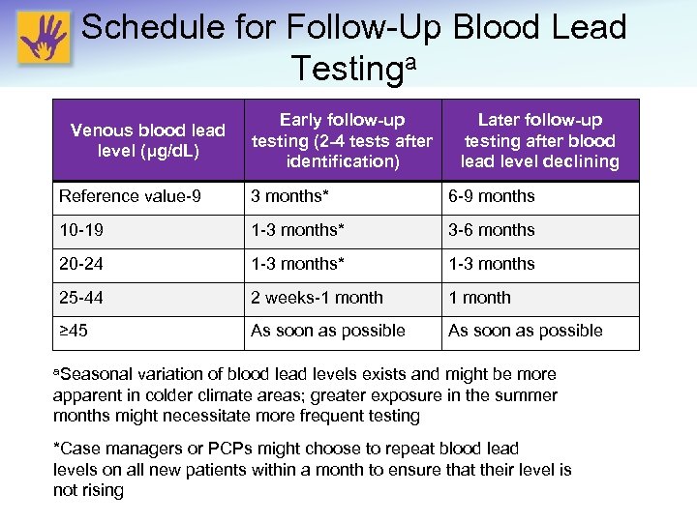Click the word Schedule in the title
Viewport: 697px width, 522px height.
[x=155, y=27]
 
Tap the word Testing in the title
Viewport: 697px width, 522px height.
[x=339, y=69]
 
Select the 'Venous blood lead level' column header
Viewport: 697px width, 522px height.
[x=147, y=140]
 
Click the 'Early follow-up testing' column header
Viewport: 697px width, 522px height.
[x=342, y=140]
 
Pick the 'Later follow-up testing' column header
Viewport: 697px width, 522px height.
[x=539, y=140]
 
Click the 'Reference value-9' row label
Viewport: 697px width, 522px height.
[x=130, y=196]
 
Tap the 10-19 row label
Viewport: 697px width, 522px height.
[x=80, y=230]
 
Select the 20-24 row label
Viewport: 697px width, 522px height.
[x=80, y=264]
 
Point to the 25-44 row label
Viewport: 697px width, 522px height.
[x=80, y=298]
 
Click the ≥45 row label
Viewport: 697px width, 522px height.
[x=74, y=331]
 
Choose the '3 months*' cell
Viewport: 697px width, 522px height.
[x=290, y=196]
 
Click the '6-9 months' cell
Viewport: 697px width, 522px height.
[x=491, y=196]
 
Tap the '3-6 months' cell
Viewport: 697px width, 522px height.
[x=491, y=230]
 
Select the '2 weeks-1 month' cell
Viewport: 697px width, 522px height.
[x=317, y=298]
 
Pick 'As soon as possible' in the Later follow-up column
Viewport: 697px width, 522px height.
[x=525, y=331]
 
